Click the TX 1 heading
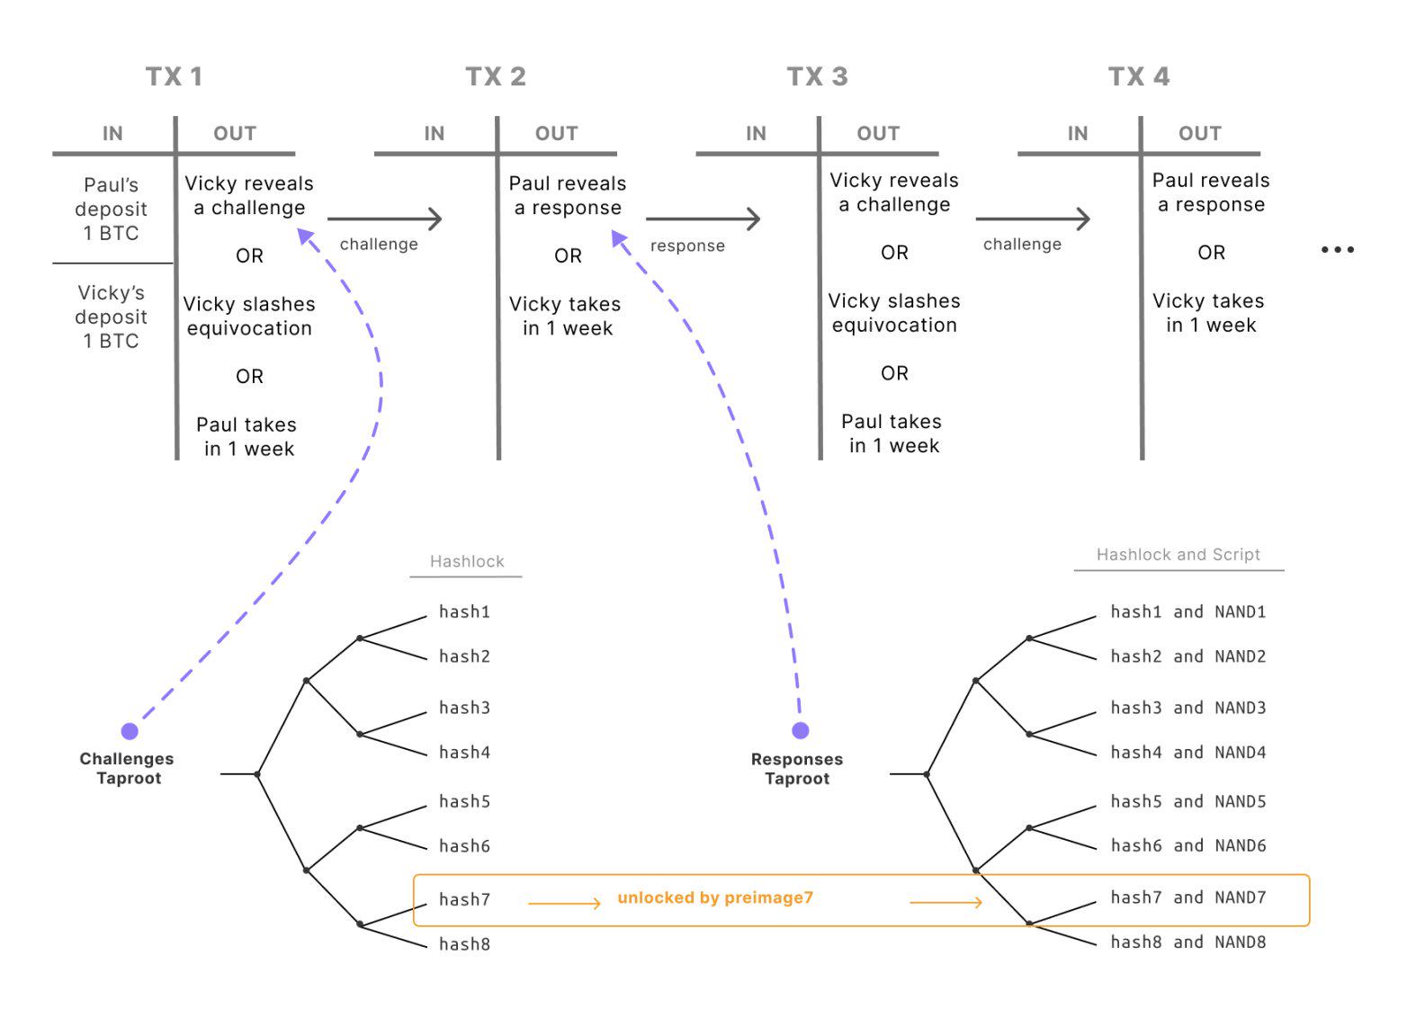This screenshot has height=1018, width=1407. (174, 76)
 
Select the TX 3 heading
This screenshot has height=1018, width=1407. (817, 76)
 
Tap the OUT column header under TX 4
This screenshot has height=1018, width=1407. (1199, 133)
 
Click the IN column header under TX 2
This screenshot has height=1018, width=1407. (435, 133)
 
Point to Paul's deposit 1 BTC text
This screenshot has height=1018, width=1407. (111, 209)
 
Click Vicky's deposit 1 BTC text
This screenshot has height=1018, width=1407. (111, 317)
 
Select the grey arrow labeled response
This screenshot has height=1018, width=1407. (703, 219)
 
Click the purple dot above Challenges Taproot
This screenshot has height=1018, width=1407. (130, 731)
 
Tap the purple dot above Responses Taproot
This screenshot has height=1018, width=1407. (800, 730)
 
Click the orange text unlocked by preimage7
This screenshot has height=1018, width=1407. (715, 897)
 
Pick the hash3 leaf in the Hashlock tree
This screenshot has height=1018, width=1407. (464, 708)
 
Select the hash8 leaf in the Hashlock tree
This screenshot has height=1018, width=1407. (464, 943)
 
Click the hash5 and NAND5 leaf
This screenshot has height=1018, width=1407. (1187, 801)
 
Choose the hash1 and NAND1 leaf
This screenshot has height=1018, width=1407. (1187, 612)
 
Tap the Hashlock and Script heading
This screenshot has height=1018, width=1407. (1178, 555)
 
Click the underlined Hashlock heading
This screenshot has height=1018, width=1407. (467, 561)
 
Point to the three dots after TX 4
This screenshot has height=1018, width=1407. (1337, 250)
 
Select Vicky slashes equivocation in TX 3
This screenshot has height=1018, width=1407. (893, 313)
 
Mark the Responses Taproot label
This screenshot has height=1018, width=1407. (797, 769)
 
